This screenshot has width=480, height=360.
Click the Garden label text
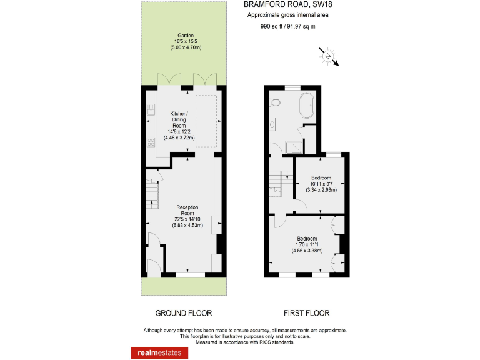tap(185, 36)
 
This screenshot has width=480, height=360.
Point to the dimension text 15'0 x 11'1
tap(306, 245)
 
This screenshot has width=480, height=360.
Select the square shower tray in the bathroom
tap(292, 146)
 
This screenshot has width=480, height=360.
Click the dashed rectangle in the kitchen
tap(206, 122)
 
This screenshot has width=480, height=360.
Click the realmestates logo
tap(159, 352)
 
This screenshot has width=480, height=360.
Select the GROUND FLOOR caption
tap(183, 313)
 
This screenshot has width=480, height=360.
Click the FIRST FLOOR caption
tap(306, 313)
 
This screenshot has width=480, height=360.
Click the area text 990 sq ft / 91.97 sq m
tap(287, 26)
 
